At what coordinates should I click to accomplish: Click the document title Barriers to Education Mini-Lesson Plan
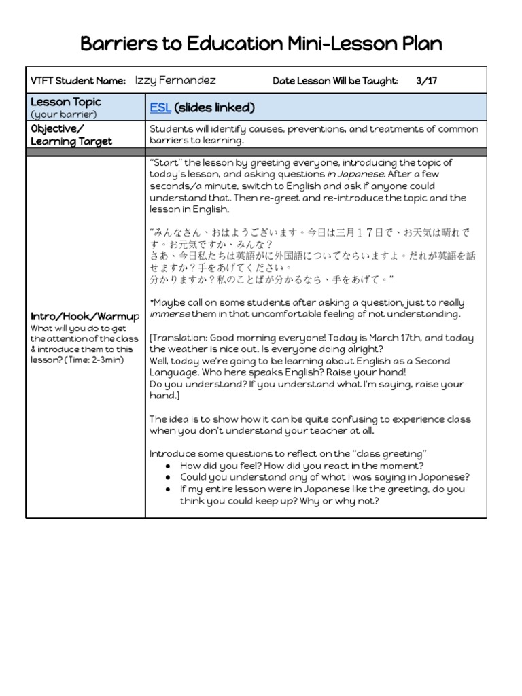(261, 44)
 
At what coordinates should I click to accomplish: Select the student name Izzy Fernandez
(175, 80)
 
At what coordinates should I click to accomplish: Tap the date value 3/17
(426, 80)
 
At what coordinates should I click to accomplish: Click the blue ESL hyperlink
(160, 108)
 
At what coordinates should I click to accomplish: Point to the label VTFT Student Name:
(78, 81)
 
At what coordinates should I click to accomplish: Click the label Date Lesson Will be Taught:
(335, 81)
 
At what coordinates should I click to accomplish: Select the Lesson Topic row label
(66, 102)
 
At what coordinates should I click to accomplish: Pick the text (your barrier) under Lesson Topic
(64, 114)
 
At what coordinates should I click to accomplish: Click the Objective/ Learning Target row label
(71, 135)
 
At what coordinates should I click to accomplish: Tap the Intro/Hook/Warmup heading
(85, 317)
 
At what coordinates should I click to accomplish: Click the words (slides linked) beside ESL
(214, 108)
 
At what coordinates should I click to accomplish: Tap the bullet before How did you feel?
(168, 466)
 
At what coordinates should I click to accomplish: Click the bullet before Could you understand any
(168, 477)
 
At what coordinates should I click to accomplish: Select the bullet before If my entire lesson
(168, 489)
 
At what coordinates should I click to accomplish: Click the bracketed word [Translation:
(179, 338)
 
